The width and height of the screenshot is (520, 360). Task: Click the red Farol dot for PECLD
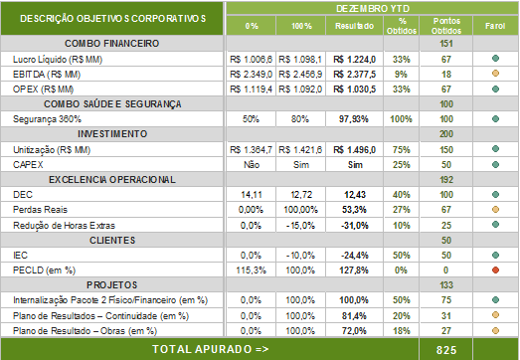495,270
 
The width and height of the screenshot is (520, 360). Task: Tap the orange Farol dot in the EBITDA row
495,74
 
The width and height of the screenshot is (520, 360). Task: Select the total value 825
446,350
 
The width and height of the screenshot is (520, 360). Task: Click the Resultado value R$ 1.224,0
355,60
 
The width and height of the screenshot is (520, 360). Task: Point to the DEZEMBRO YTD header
373,9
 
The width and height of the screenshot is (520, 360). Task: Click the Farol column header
495,26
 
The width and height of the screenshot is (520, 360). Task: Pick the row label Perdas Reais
40,210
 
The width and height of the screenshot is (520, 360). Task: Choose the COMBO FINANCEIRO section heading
112,44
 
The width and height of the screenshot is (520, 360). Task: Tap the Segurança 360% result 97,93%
354,119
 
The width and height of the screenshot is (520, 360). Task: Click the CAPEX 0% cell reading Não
252,165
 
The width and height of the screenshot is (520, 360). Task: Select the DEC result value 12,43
355,195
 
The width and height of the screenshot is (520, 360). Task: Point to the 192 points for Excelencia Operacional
446,180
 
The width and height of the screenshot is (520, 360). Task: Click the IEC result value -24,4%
355,256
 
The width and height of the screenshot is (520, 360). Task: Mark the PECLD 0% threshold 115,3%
251,270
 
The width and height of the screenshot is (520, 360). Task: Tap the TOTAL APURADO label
211,349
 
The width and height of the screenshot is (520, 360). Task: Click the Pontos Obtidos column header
446,26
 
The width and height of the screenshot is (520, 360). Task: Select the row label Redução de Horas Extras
64,226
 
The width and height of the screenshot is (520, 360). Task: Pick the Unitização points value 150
446,150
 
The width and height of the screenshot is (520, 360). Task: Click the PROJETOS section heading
112,285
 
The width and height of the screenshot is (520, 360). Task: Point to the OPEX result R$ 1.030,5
355,90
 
